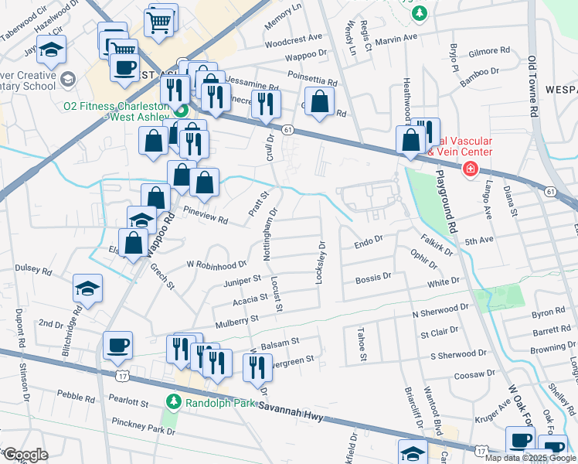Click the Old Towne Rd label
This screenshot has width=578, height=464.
pos(532,85)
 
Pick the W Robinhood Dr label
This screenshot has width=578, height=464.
pos(216,264)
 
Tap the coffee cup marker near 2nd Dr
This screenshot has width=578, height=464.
pos(117,345)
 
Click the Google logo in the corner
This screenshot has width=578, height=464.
pos(25,454)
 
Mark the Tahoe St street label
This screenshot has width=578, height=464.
pos(360,343)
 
